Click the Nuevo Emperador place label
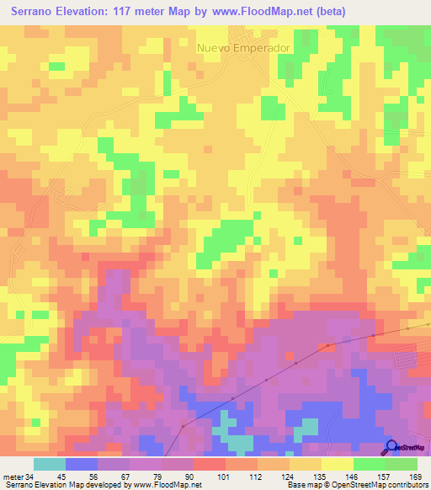click(x=243, y=48)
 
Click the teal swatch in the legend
click(x=50, y=464)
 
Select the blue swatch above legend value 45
click(x=82, y=464)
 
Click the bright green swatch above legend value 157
click(x=369, y=464)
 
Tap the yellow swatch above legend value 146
click(x=337, y=464)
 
